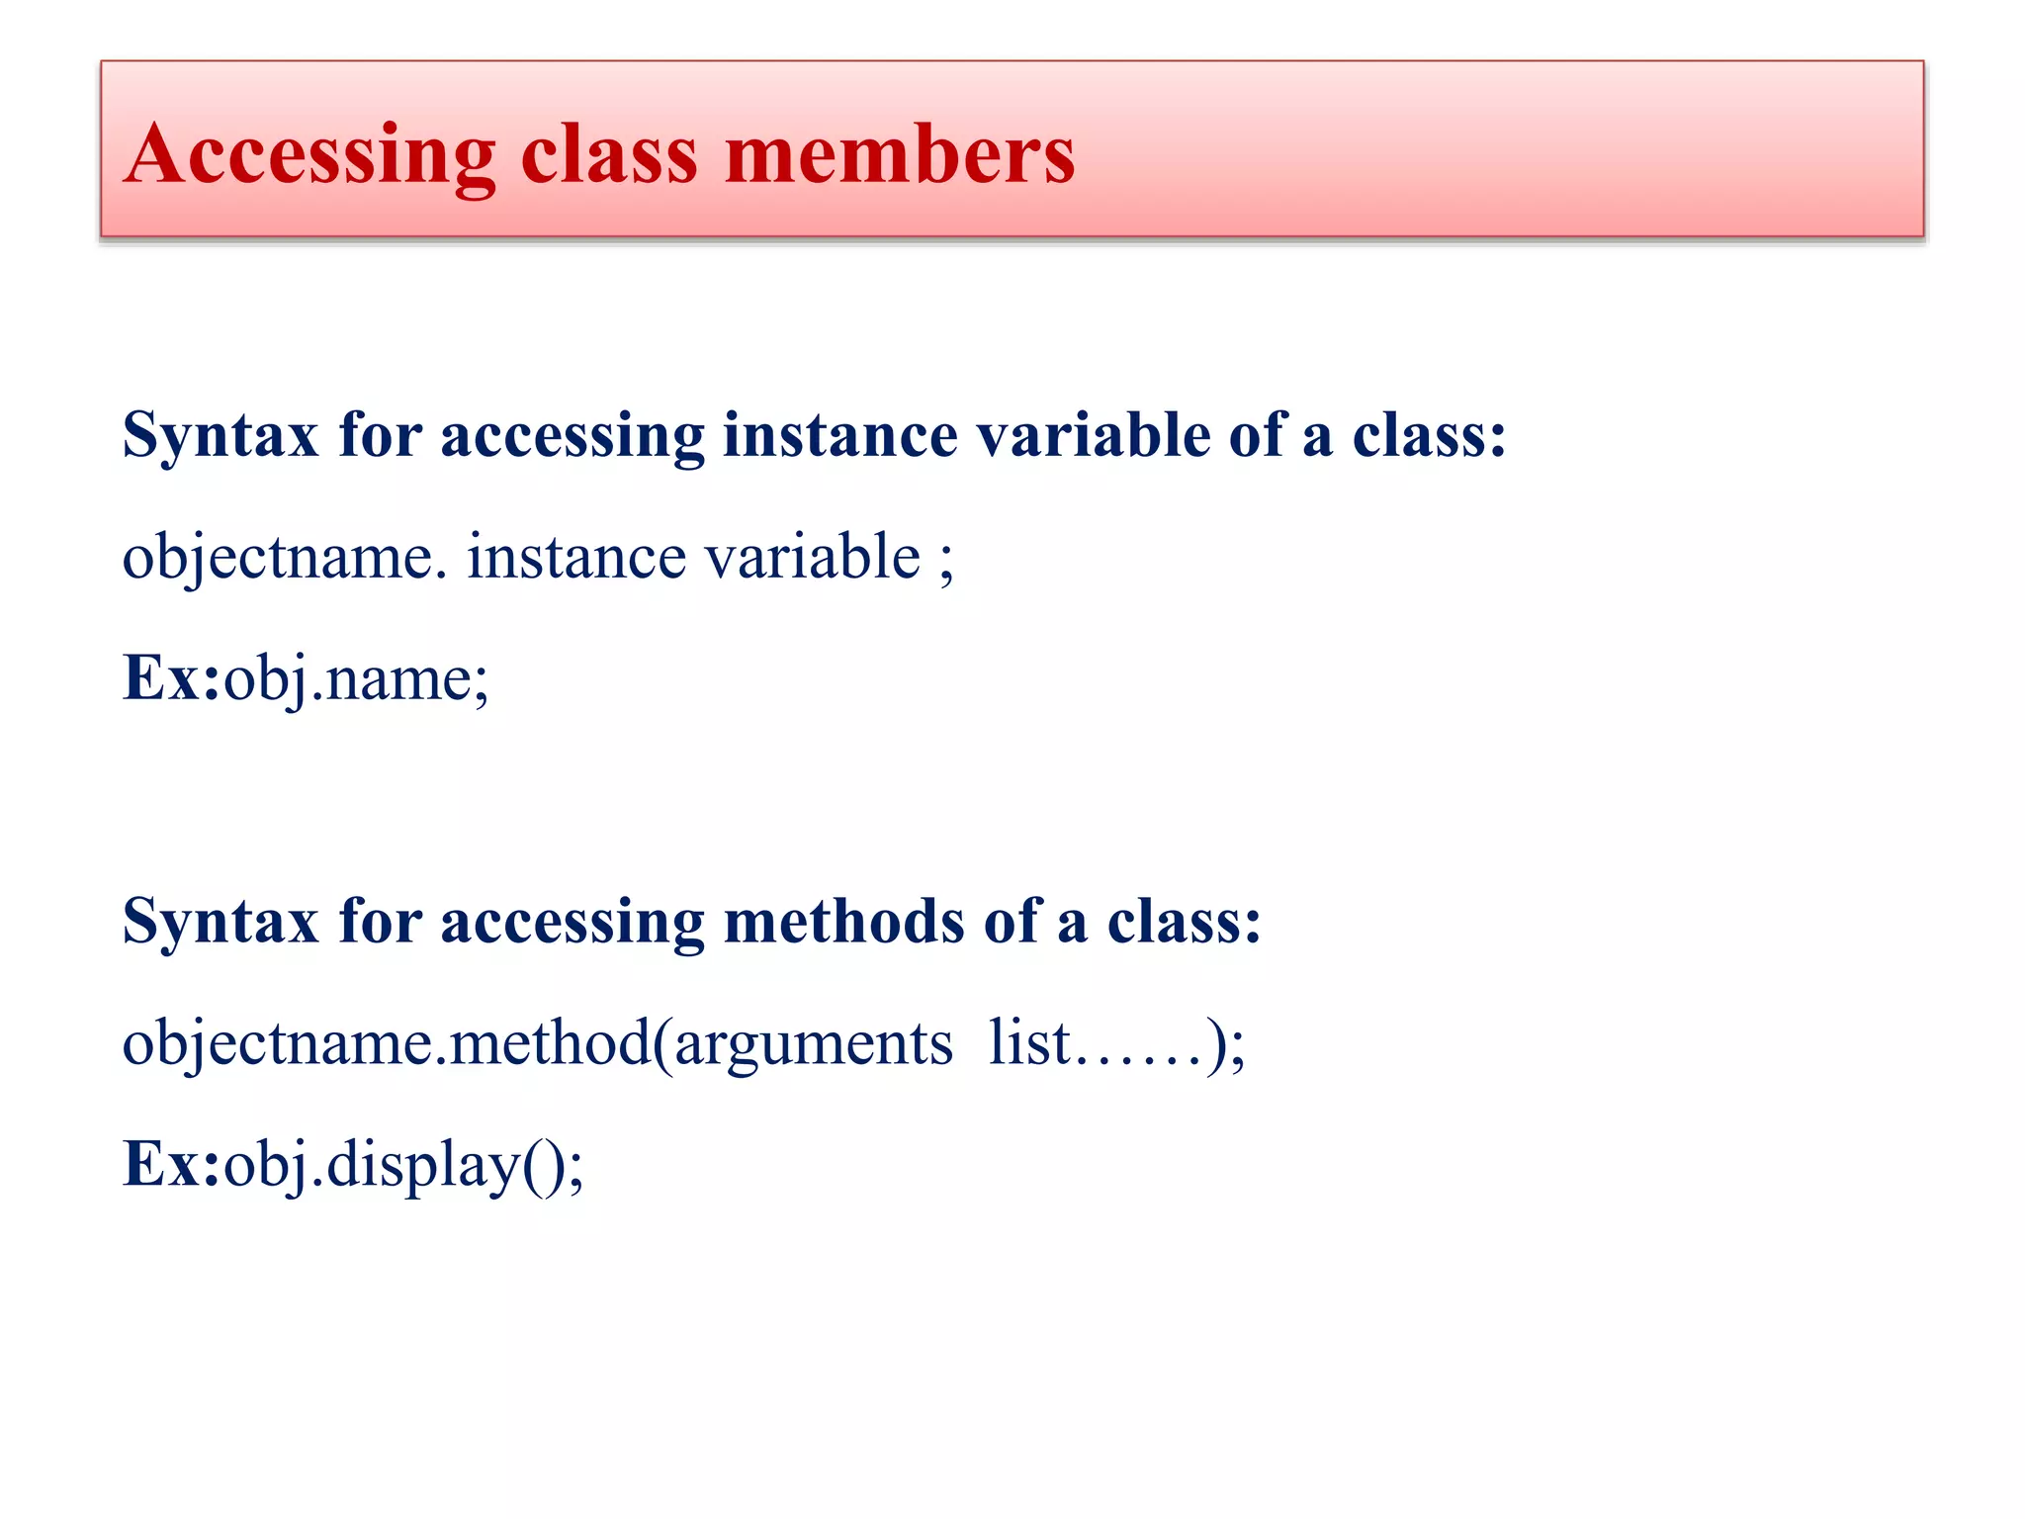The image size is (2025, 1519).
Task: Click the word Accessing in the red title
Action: click(x=309, y=155)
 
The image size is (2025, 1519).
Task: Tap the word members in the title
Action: click(x=899, y=155)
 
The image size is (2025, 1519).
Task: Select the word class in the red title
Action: click(x=609, y=155)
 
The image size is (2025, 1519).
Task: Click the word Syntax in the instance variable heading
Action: click(x=220, y=436)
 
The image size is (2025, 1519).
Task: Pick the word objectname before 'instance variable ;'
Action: click(x=278, y=558)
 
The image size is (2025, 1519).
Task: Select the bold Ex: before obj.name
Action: click(x=171, y=678)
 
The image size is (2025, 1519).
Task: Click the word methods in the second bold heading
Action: click(x=843, y=921)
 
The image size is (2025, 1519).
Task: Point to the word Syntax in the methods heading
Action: click(x=220, y=923)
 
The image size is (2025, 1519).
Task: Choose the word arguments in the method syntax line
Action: click(x=814, y=1044)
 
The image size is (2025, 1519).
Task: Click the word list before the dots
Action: click(x=1028, y=1042)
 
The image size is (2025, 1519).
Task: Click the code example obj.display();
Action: click(x=403, y=1166)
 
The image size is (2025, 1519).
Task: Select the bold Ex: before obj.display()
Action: click(x=171, y=1164)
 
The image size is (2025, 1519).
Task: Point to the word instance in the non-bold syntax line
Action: click(x=576, y=556)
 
